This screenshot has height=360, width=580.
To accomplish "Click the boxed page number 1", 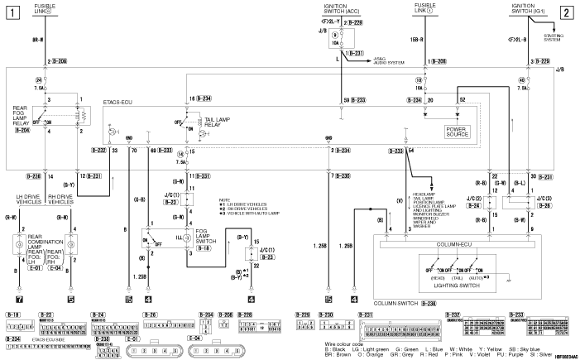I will click(x=13, y=12).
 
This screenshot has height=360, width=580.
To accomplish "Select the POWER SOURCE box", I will click(x=458, y=130).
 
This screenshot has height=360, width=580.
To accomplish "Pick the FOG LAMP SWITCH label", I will click(x=203, y=238).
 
